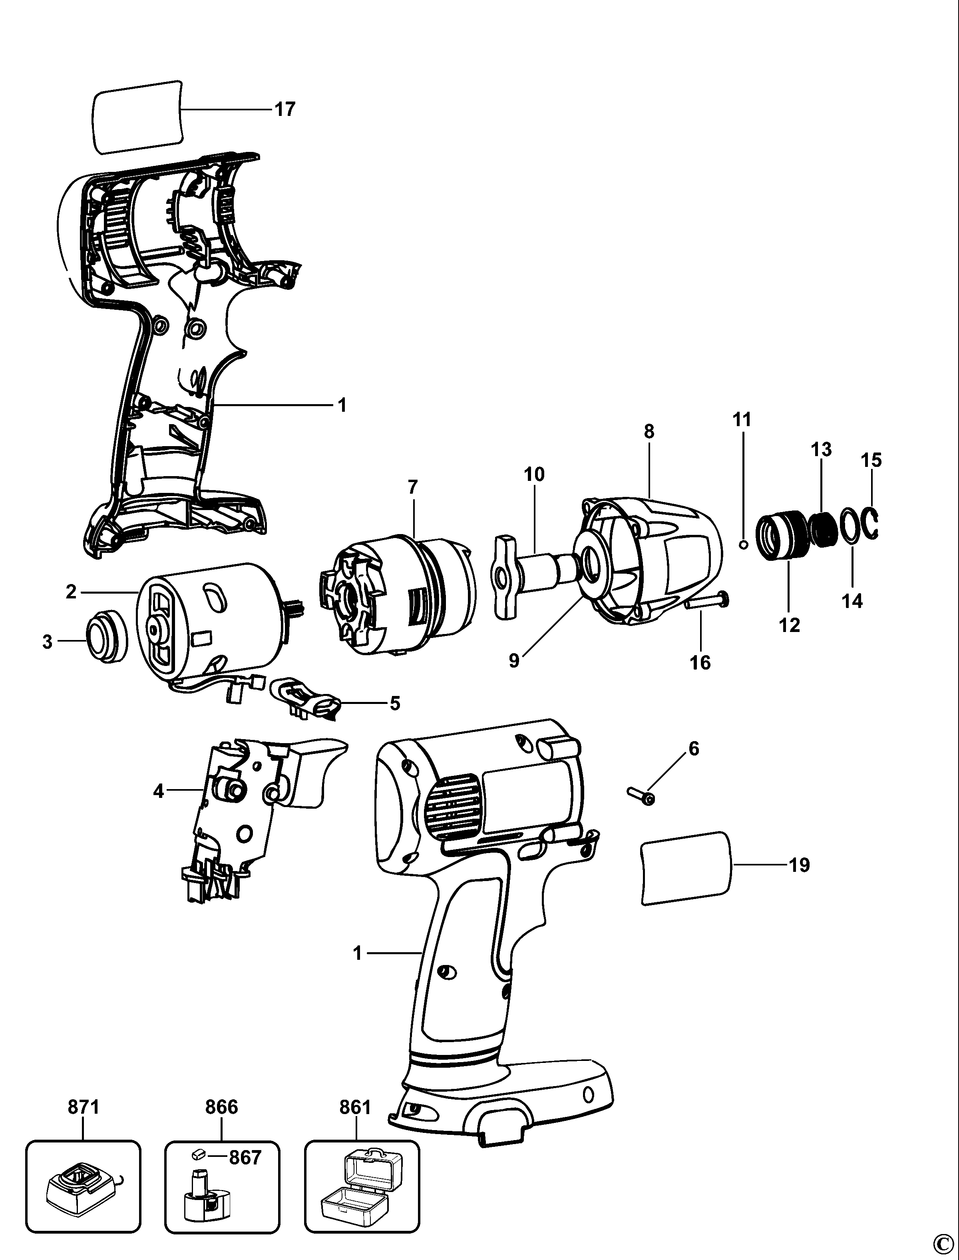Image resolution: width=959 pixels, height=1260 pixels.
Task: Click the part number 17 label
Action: [285, 109]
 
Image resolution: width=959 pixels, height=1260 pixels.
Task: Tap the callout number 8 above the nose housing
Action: [649, 432]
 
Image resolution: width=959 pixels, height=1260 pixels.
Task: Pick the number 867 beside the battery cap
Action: [245, 1157]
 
